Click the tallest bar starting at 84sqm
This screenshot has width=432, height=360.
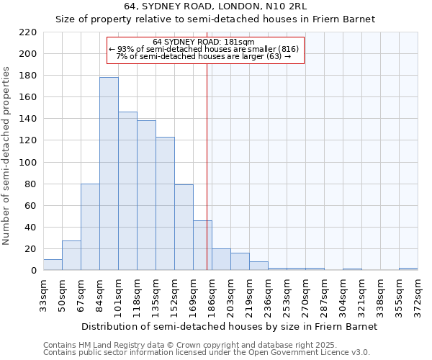[109, 174]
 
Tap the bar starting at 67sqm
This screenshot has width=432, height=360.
[90, 227]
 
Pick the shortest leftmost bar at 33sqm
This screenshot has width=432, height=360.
[53, 264]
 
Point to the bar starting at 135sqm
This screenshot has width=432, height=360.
[165, 204]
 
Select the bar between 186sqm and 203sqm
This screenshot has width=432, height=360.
[221, 259]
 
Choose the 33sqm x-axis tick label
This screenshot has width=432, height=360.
[44, 297]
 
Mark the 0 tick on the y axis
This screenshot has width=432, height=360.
[34, 271]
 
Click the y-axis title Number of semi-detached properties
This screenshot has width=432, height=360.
[7, 156]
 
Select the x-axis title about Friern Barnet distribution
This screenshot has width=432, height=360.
[229, 326]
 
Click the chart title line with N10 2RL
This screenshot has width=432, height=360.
[216, 6]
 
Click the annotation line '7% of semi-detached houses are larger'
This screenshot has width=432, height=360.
[204, 56]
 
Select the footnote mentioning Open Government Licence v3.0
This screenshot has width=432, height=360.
[207, 353]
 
